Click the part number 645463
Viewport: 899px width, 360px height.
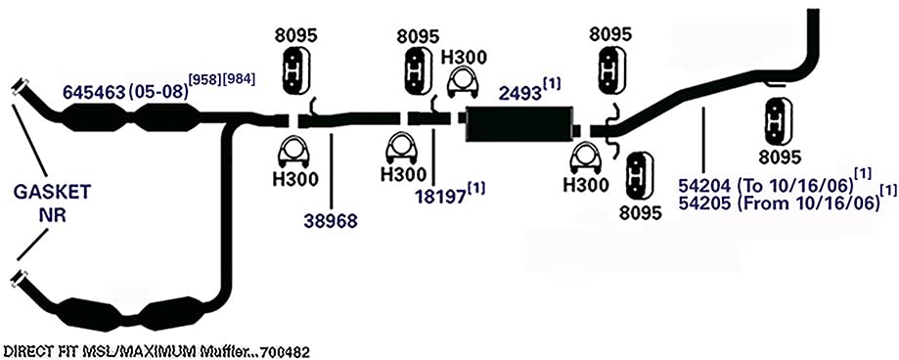(x=94, y=92)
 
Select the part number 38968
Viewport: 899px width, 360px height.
(x=332, y=220)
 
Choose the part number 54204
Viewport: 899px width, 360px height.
(x=704, y=186)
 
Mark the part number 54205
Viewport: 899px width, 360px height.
(x=704, y=204)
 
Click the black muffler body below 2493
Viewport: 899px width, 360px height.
(x=521, y=122)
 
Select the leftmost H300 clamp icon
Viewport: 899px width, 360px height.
(x=294, y=151)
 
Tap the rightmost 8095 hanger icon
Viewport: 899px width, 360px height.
(x=775, y=121)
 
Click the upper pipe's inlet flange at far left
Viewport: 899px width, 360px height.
(x=20, y=88)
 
